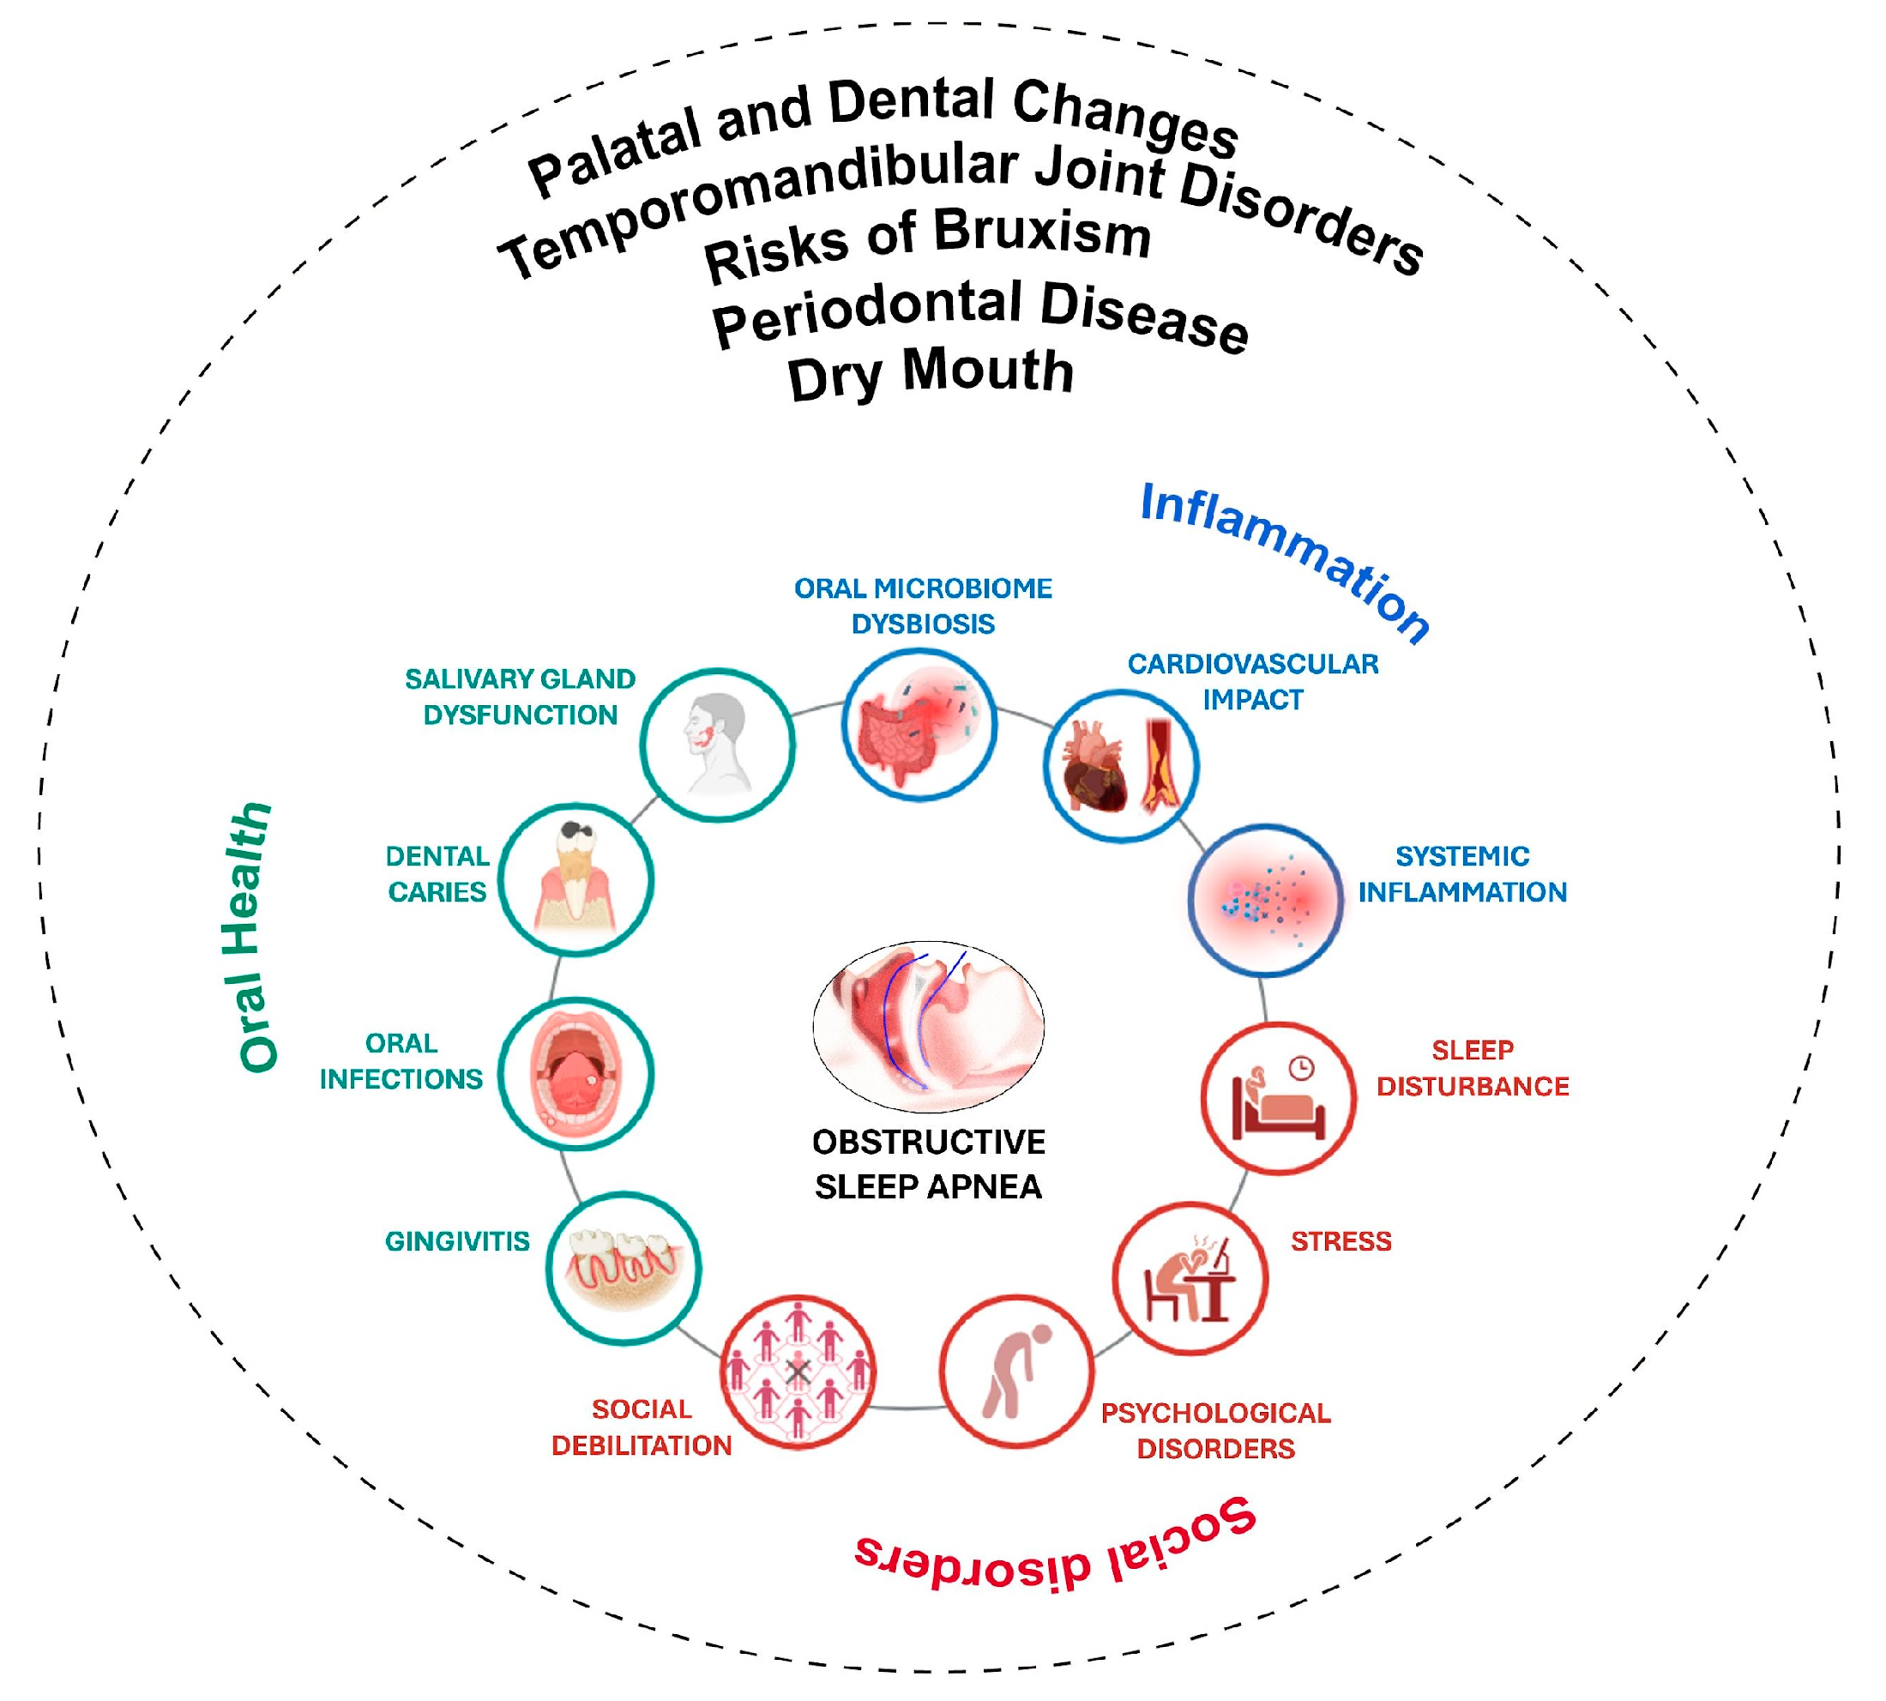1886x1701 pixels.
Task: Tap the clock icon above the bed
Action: click(x=1301, y=1067)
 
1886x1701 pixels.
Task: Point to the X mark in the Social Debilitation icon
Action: click(x=798, y=1371)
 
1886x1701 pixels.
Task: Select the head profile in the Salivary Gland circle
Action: click(x=716, y=743)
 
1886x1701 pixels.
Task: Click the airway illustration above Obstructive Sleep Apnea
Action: click(x=928, y=1025)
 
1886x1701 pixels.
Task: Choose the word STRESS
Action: click(x=1341, y=1241)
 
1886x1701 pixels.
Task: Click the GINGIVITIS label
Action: click(x=457, y=1241)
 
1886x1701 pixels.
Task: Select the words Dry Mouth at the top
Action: click(x=930, y=372)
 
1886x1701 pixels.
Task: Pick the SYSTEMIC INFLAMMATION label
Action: click(x=1461, y=874)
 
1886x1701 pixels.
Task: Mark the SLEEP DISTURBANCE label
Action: click(x=1472, y=1068)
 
